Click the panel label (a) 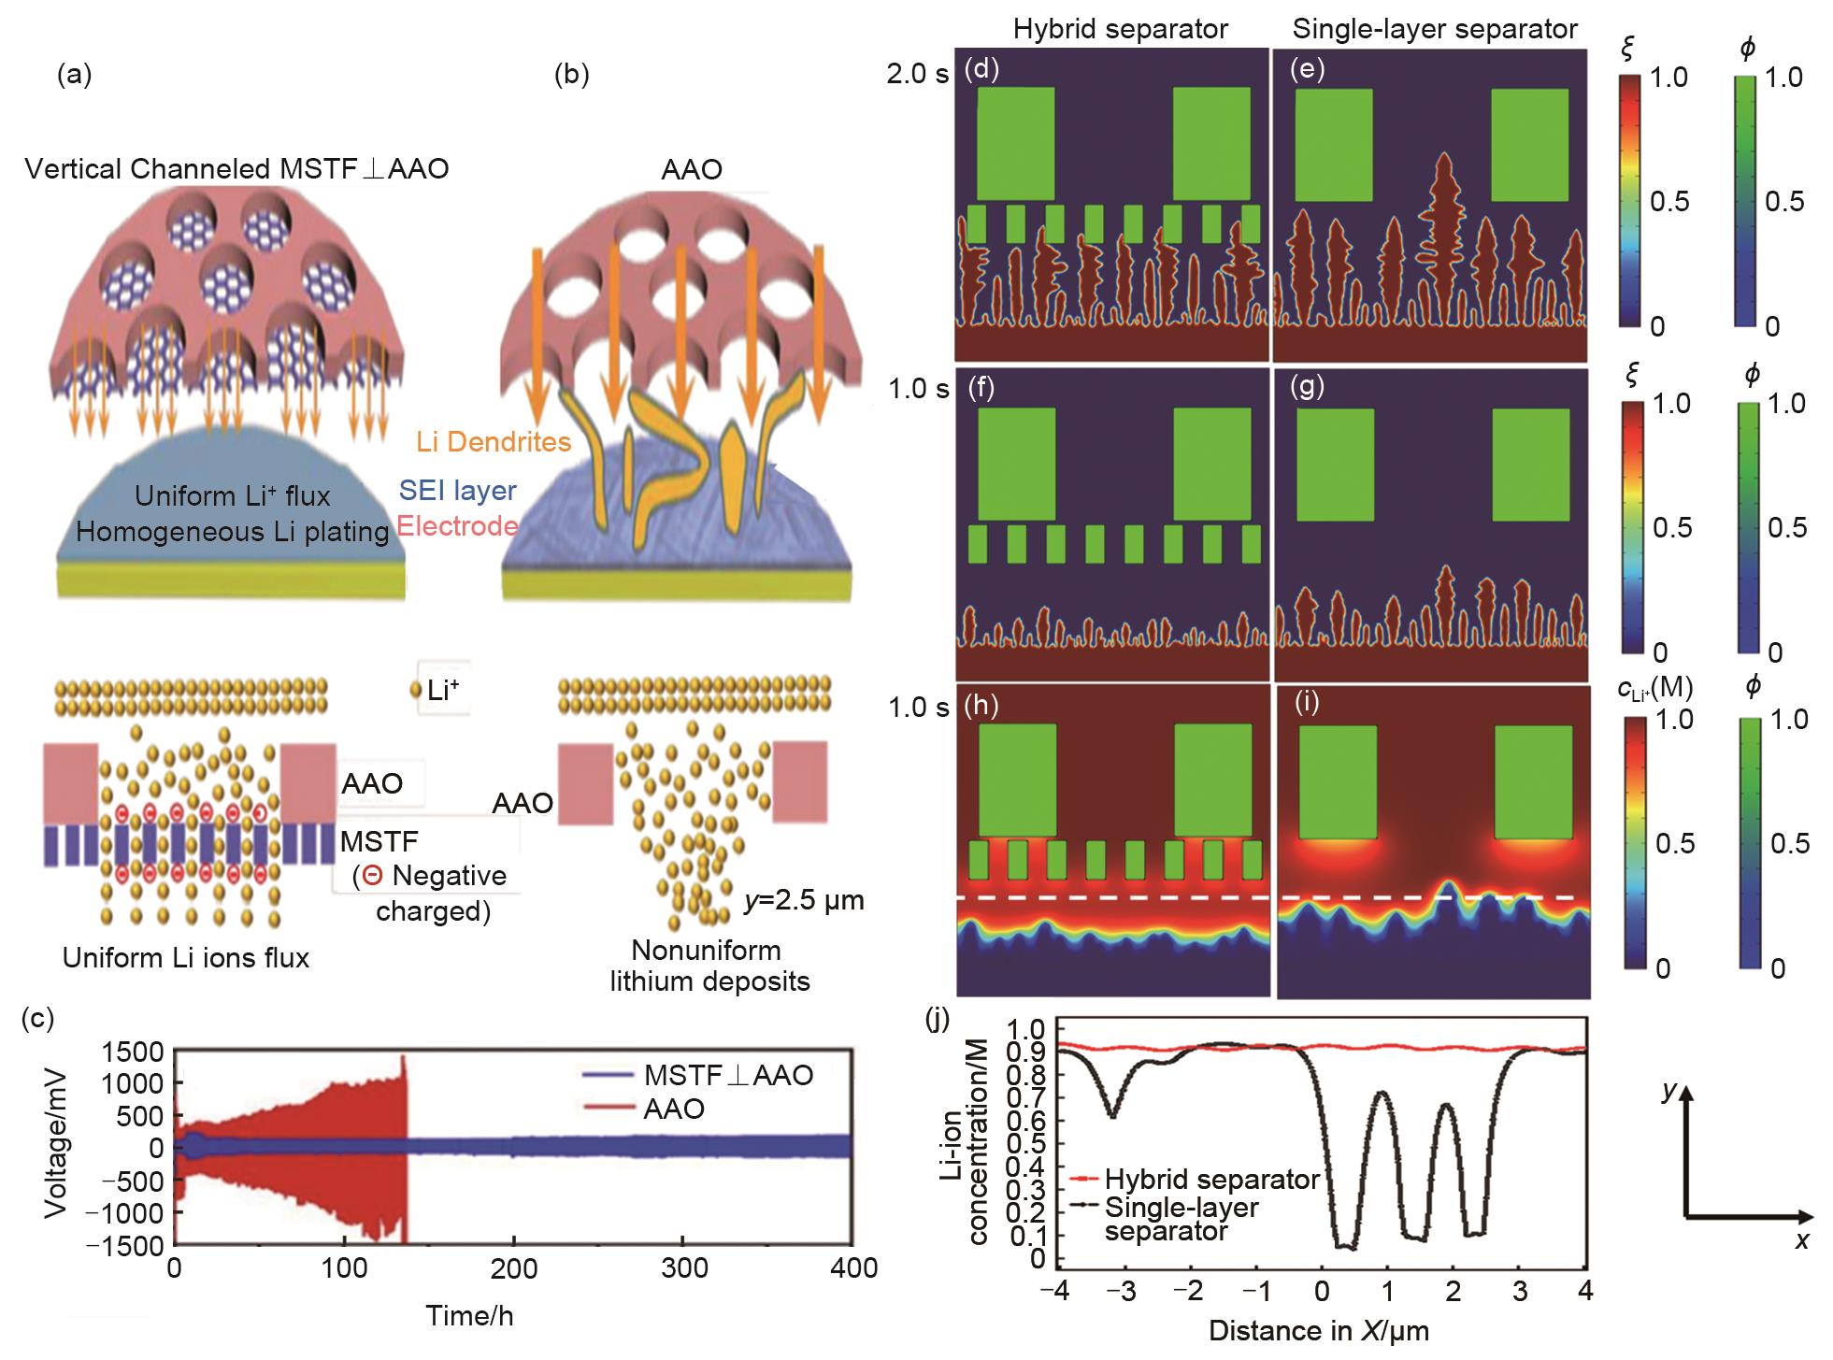tap(75, 76)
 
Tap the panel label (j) tap(938, 1017)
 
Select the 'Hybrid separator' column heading tap(1120, 29)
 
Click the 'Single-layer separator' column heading tap(1435, 29)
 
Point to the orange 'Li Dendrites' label tap(494, 441)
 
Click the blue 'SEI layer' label tap(458, 490)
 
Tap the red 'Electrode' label tap(457, 525)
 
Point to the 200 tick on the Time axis tap(513, 1268)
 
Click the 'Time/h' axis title tap(469, 1316)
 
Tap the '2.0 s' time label tap(918, 74)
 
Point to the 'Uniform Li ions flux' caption tap(186, 958)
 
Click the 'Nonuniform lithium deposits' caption tap(707, 966)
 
